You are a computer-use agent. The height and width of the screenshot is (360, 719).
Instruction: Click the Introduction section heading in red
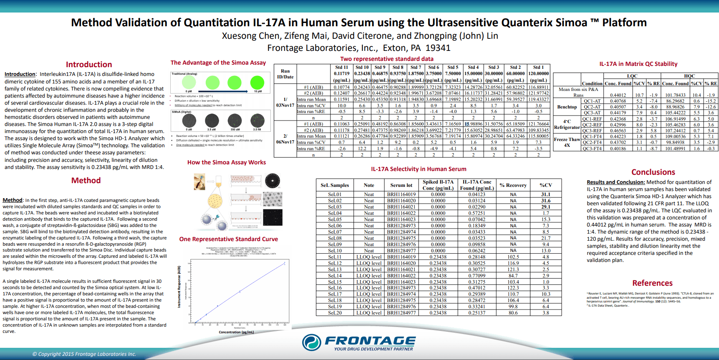pyautogui.click(x=89, y=65)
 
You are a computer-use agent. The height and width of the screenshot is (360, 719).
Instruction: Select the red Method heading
pyautogui.click(x=86, y=181)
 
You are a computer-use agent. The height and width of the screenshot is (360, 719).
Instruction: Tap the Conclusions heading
pyautogui.click(x=653, y=172)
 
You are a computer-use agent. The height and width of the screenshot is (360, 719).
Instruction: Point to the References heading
pyautogui.click(x=652, y=283)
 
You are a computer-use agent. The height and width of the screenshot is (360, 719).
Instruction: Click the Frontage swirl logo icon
pyautogui.click(x=312, y=342)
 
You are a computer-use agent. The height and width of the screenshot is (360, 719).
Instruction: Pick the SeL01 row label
pyautogui.click(x=335, y=194)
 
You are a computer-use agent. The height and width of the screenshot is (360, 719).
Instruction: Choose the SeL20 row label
pyautogui.click(x=335, y=313)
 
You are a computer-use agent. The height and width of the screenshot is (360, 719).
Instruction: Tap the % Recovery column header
pyautogui.click(x=513, y=185)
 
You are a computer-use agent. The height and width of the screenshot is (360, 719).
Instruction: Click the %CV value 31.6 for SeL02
pyautogui.click(x=546, y=201)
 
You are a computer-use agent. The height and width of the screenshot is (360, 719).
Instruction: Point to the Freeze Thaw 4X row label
pyautogui.click(x=567, y=142)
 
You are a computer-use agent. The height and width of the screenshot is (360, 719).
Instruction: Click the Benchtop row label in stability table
pyautogui.click(x=567, y=107)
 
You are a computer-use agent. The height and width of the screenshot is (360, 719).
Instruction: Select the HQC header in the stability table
pyautogui.click(x=689, y=76)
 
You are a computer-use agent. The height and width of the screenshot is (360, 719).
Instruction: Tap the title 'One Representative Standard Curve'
pyautogui.click(x=229, y=239)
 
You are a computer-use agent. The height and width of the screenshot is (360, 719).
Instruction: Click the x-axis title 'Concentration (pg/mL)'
pyautogui.click(x=236, y=332)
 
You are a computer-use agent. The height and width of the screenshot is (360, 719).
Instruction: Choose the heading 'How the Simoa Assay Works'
pyautogui.click(x=227, y=163)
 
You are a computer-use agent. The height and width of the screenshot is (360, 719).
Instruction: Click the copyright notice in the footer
pyautogui.click(x=84, y=354)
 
